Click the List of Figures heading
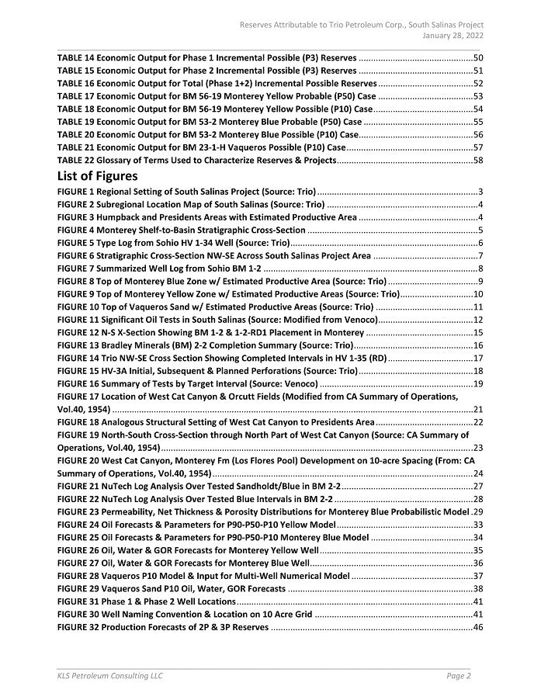[97, 176]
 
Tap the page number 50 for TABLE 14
[478, 58]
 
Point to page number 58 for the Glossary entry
[478, 160]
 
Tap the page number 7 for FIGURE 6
[481, 255]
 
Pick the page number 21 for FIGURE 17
[478, 409]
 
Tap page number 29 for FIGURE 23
[478, 511]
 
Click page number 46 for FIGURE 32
[478, 627]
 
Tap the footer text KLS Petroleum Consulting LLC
[109, 676]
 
